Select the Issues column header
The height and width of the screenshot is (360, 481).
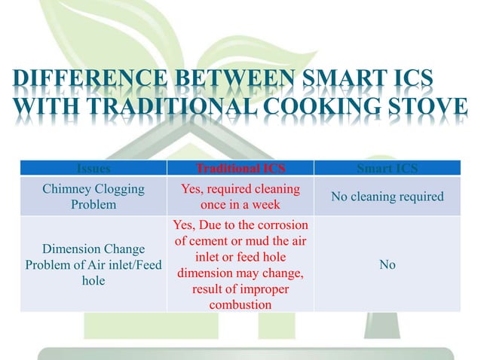pos(93,168)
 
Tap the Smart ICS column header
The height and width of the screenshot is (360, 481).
pos(388,168)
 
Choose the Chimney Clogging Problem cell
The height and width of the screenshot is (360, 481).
pos(93,197)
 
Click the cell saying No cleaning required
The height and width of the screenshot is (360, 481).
pos(388,197)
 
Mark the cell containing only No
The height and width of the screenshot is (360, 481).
pos(388,265)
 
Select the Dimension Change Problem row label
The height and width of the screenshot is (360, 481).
pos(93,265)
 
